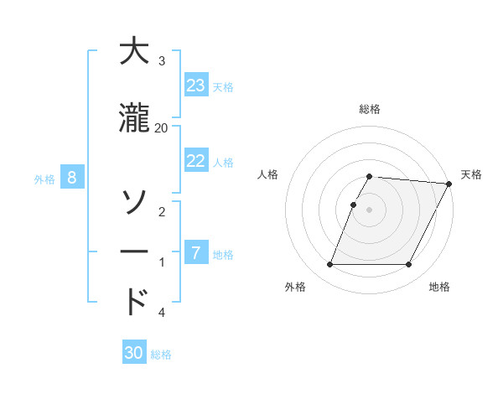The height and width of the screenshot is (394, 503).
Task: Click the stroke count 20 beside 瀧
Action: (x=161, y=127)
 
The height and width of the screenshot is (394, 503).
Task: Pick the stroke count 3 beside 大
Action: (x=162, y=61)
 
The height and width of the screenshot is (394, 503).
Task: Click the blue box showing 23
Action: (x=196, y=86)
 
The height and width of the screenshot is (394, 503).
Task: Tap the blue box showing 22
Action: (x=196, y=161)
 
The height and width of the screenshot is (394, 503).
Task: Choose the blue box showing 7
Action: (x=196, y=253)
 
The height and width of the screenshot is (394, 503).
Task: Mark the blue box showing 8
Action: (x=72, y=178)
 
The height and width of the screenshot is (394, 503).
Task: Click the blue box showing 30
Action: (x=134, y=353)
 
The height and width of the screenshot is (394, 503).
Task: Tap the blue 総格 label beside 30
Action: (x=161, y=355)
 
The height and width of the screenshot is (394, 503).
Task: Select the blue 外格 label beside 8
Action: (x=44, y=179)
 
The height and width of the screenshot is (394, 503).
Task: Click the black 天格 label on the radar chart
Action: (x=471, y=174)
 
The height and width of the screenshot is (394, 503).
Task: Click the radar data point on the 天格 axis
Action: (x=449, y=184)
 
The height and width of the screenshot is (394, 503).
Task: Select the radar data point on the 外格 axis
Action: (x=329, y=265)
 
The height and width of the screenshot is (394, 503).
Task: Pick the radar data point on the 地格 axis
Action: (x=409, y=265)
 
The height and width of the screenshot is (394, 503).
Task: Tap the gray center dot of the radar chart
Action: (x=369, y=210)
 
